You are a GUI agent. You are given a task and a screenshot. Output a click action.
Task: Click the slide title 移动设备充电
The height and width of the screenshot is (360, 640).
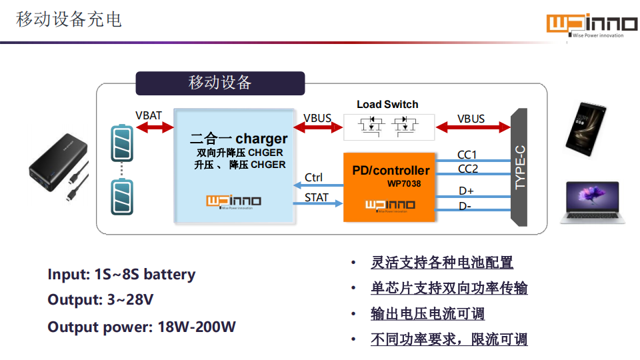point(69,19)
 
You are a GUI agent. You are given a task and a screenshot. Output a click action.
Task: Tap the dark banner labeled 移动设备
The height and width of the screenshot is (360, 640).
point(220,83)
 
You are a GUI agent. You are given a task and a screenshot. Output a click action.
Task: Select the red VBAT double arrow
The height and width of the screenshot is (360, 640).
point(149,128)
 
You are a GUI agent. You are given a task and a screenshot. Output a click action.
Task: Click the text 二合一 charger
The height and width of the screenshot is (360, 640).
point(239,139)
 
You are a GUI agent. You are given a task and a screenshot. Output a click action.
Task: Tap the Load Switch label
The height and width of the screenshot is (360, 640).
point(387,104)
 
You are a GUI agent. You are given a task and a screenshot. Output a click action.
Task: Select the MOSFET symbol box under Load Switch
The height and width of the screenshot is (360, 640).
point(387,126)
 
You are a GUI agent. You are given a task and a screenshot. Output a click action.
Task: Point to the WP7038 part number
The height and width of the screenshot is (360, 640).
point(404,183)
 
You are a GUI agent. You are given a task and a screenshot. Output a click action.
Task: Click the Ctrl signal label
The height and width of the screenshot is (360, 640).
point(313,177)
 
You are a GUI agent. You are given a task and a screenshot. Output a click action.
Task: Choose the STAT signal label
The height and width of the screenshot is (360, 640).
point(317,197)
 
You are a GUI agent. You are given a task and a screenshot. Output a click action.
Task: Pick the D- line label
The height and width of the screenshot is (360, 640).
point(465,207)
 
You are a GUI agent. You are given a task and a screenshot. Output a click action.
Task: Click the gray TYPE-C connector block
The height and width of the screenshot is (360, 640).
point(519,168)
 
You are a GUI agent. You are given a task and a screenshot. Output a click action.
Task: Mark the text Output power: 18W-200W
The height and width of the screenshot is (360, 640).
point(141,327)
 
